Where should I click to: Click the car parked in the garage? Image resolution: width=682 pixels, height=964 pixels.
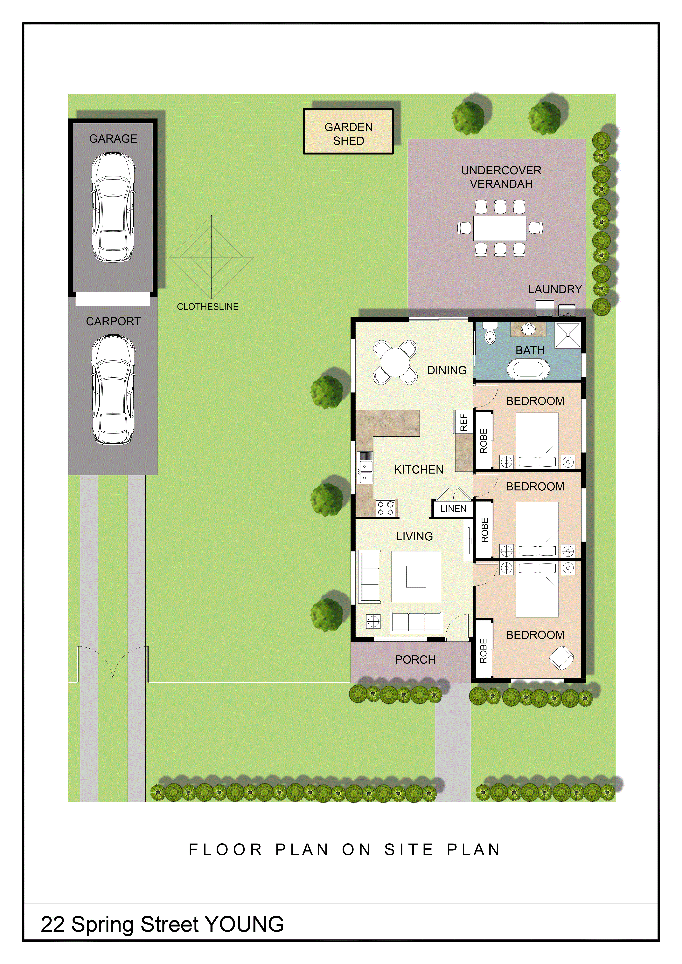point(113,207)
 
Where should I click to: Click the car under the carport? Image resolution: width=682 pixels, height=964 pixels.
point(113,390)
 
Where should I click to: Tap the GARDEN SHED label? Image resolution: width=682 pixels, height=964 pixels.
point(349,134)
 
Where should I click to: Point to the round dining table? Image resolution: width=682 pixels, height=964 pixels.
point(395,362)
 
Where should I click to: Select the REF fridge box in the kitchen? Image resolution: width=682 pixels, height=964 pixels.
point(463,421)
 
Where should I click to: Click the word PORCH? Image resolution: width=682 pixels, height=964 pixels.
point(415,660)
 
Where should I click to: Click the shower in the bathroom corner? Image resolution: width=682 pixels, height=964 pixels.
point(568,335)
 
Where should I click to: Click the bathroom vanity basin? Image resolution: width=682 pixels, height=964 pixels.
point(528,329)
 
